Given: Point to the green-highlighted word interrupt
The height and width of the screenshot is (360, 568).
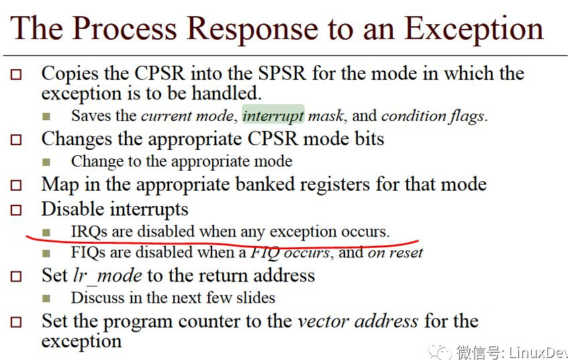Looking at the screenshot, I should pyautogui.click(x=273, y=116).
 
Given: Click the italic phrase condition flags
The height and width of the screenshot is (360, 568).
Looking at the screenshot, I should pyautogui.click(x=432, y=116).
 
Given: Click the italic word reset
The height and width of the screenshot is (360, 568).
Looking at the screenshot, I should pyautogui.click(x=406, y=253).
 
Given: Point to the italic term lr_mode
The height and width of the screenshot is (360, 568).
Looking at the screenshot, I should pyautogui.click(x=107, y=275).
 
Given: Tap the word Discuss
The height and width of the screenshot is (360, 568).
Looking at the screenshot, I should pyautogui.click(x=96, y=297).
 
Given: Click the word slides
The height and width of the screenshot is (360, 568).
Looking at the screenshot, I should pyautogui.click(x=254, y=297).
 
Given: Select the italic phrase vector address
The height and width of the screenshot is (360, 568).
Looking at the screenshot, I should pyautogui.click(x=358, y=320).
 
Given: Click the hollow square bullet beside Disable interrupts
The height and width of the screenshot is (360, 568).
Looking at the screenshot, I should pyautogui.click(x=16, y=210).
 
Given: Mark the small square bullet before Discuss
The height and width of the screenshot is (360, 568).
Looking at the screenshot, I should pyautogui.click(x=46, y=298).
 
